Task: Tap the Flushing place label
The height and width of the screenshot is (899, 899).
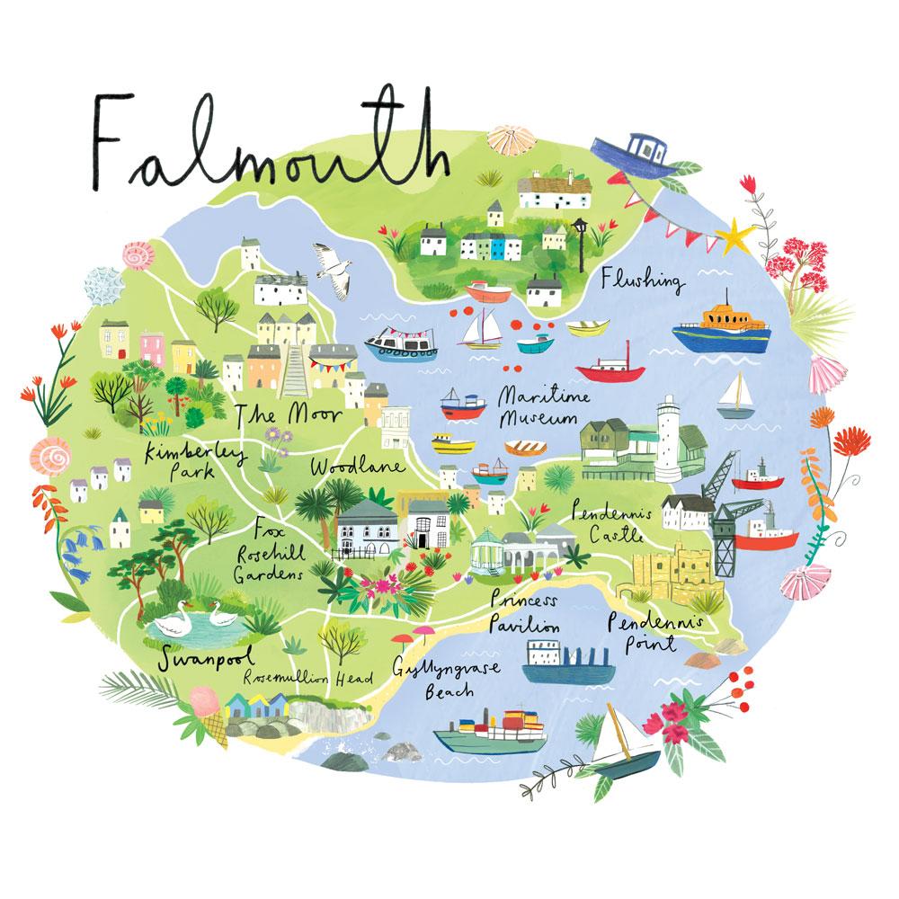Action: click(642, 280)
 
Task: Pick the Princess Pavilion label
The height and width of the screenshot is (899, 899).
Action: click(526, 613)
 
